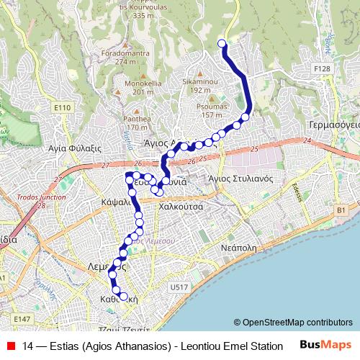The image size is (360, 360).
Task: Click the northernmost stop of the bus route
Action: coord(221,42)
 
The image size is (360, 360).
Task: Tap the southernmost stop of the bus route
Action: coord(123,296)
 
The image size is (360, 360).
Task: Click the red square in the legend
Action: coord(10,346)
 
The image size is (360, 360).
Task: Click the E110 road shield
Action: coord(63,107)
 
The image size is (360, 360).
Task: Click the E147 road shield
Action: coord(22,318)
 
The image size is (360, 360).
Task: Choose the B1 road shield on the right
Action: coord(341,210)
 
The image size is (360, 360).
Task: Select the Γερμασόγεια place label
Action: coord(334,124)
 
